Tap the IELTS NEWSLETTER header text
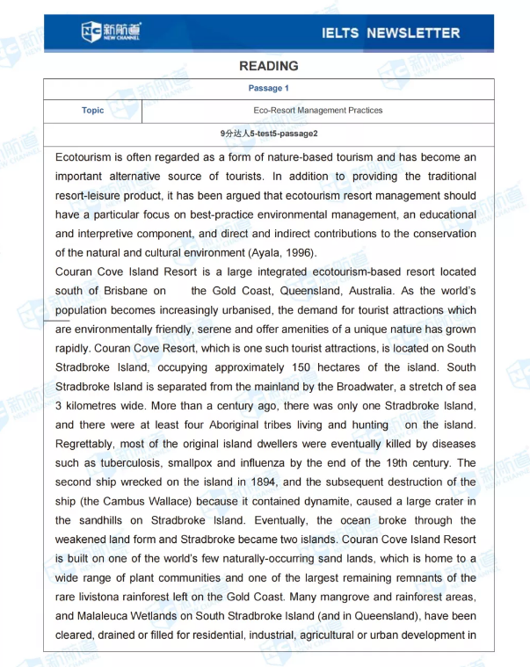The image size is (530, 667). [x=391, y=33]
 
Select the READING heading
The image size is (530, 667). [x=268, y=66]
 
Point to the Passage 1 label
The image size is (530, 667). [x=268, y=88]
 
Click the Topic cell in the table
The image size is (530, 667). [x=92, y=111]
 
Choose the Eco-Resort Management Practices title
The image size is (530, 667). [x=317, y=111]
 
